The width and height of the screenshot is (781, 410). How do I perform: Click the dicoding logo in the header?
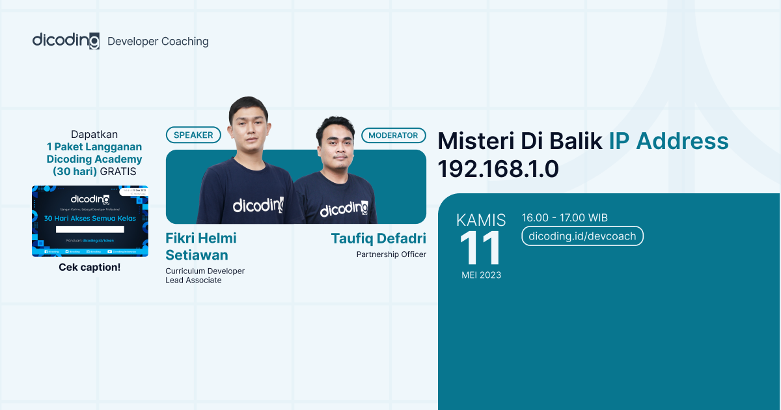(66, 40)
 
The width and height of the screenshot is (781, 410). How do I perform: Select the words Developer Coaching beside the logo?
(158, 42)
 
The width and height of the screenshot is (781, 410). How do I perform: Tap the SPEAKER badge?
(193, 135)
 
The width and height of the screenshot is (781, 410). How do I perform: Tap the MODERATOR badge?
(393, 135)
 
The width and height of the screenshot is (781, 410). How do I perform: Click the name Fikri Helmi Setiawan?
(200, 246)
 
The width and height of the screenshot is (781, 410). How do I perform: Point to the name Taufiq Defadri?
(378, 238)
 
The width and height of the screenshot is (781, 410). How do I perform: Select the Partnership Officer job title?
(391, 254)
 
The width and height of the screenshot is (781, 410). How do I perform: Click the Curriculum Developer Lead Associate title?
(205, 275)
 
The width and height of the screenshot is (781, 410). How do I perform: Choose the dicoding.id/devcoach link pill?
(582, 236)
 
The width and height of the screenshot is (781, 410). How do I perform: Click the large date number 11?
(481, 249)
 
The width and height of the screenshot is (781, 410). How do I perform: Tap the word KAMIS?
(481, 220)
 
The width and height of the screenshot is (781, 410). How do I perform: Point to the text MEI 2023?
(482, 275)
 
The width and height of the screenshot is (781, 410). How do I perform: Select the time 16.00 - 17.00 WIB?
(565, 218)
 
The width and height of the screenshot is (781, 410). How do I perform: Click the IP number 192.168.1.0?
(498, 169)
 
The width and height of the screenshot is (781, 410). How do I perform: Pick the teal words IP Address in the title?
(668, 141)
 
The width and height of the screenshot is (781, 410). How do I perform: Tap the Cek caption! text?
(90, 267)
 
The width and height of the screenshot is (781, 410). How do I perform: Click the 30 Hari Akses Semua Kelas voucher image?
(90, 221)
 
